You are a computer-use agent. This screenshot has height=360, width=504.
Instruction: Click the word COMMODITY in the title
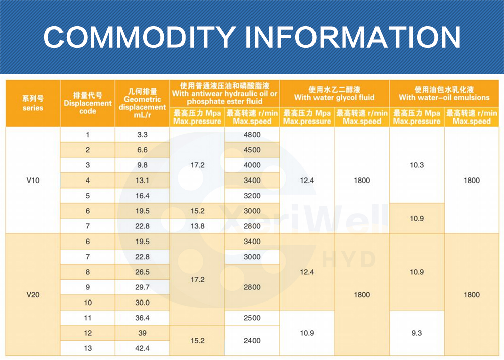[x=139, y=37]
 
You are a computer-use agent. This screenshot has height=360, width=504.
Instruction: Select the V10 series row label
[x=32, y=181]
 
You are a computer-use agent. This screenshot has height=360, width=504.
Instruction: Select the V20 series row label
[x=32, y=295]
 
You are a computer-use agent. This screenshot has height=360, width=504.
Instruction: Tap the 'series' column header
[x=32, y=103]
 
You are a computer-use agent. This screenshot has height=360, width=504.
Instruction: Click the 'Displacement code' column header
[x=88, y=103]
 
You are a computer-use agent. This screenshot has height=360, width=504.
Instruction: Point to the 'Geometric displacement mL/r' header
[x=142, y=103]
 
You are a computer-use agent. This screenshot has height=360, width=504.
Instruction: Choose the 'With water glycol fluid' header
[x=335, y=93]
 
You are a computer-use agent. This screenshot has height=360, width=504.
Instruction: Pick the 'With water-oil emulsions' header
[x=444, y=93]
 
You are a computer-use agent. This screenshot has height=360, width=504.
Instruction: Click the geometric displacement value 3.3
[x=142, y=135]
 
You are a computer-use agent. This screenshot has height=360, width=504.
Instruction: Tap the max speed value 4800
[x=252, y=135]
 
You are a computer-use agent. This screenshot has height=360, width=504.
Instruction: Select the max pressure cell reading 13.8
[x=197, y=226]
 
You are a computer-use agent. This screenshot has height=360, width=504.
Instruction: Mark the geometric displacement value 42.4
[x=142, y=348]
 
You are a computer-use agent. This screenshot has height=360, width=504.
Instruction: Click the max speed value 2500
[x=252, y=318]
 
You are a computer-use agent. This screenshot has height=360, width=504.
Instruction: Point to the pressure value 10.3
[x=417, y=165]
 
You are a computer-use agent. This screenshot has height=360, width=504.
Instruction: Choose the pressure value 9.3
[x=417, y=333]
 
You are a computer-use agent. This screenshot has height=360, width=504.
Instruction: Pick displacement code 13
[x=88, y=348]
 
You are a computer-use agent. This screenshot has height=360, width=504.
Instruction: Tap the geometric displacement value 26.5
[x=142, y=272]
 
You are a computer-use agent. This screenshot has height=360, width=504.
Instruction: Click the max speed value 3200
[x=252, y=196]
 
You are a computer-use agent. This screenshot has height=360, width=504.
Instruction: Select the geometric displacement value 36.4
[x=142, y=318]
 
